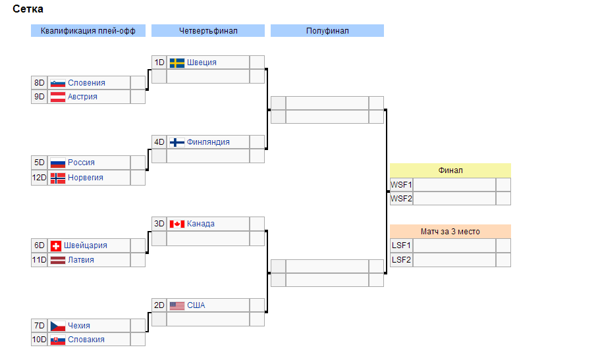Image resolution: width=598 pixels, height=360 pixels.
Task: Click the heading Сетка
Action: click(x=28, y=9)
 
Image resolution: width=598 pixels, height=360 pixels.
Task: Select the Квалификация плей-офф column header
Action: click(x=88, y=31)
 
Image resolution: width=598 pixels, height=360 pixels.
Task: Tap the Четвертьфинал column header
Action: click(x=208, y=31)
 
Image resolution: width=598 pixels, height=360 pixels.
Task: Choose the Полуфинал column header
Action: click(x=327, y=31)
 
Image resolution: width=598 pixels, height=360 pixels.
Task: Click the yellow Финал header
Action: click(x=450, y=170)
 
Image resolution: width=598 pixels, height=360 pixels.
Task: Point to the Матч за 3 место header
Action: click(x=450, y=232)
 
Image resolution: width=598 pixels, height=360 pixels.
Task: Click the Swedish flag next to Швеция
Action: click(x=177, y=63)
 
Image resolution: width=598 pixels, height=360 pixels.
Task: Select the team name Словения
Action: click(x=86, y=83)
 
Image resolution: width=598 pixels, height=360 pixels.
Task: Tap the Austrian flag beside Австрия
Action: click(x=58, y=97)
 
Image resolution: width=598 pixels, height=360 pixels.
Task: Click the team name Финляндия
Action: click(x=208, y=142)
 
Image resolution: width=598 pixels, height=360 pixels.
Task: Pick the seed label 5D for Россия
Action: click(x=40, y=163)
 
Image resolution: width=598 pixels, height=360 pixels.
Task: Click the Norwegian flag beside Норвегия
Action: click(x=58, y=178)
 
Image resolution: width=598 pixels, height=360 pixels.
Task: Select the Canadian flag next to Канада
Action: click(x=177, y=224)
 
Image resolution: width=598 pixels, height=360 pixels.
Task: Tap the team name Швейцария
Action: click(x=86, y=245)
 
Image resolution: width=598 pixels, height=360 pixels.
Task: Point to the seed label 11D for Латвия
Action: click(x=40, y=260)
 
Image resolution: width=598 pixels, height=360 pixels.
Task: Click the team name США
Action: click(x=196, y=305)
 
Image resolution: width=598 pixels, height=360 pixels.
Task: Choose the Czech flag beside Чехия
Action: click(x=58, y=326)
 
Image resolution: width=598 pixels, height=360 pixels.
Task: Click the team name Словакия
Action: click(x=86, y=340)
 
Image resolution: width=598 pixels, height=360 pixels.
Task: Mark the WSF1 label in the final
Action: click(x=401, y=185)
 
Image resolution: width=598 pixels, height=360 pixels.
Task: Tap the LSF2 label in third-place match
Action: click(x=401, y=260)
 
